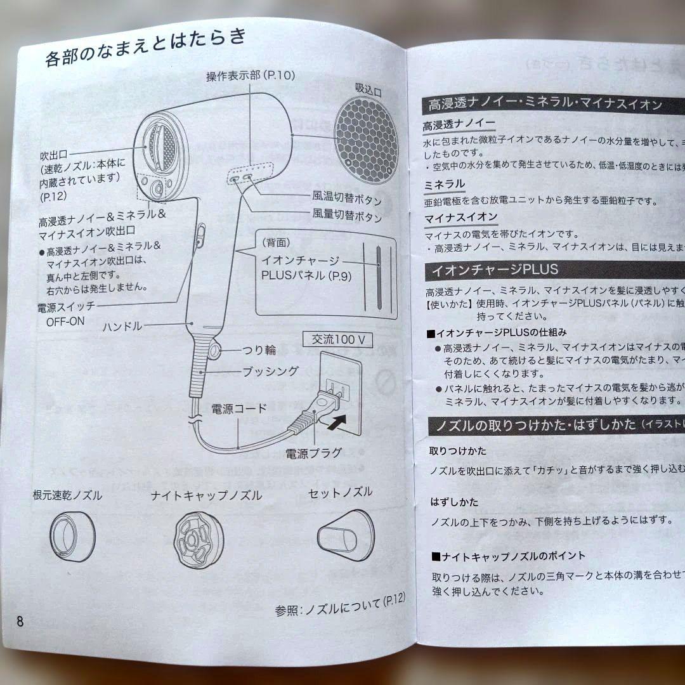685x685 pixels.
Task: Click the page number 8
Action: pyautogui.click(x=20, y=620)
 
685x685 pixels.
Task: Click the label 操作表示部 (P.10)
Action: pyautogui.click(x=251, y=76)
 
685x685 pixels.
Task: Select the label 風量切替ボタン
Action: pyautogui.click(x=347, y=217)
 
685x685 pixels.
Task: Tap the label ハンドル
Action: pyautogui.click(x=122, y=327)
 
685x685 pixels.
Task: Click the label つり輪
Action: pyautogui.click(x=258, y=349)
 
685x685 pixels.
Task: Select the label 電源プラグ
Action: pyautogui.click(x=313, y=453)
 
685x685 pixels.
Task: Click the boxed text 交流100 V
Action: pyautogui.click(x=337, y=339)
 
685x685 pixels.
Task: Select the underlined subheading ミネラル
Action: pyautogui.click(x=444, y=185)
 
